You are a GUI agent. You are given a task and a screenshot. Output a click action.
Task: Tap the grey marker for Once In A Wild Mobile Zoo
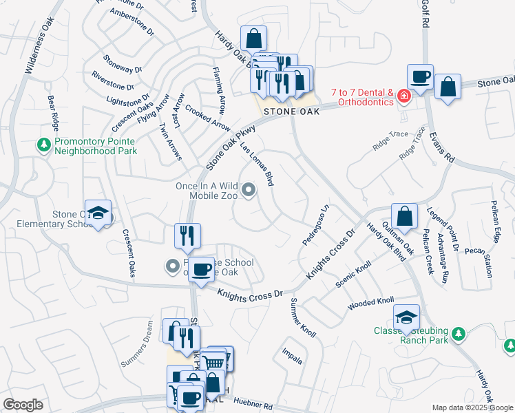(x=249, y=191)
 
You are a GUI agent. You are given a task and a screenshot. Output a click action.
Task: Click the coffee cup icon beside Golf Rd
(x=419, y=76)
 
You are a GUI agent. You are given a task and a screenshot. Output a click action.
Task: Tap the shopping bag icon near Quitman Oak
(x=405, y=215)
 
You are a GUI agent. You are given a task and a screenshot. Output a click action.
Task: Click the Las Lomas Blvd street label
(x=257, y=165)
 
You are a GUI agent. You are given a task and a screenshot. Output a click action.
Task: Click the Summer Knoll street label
(x=303, y=318)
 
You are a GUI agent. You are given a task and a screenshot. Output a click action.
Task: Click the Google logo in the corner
(x=23, y=405)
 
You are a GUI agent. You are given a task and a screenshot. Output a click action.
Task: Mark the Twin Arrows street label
(x=169, y=142)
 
